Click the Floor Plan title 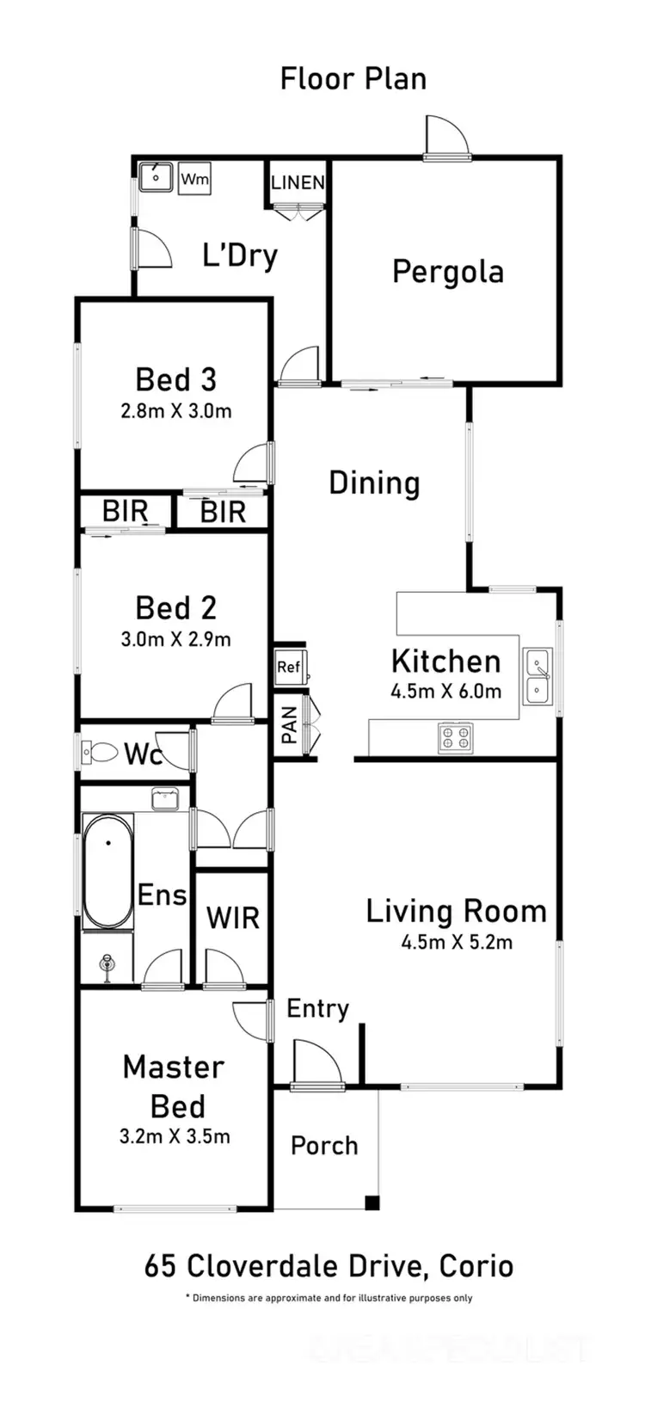point(353,79)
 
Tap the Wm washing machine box point(194,180)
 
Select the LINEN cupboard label point(298,182)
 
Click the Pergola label point(447,272)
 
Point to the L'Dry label point(240,255)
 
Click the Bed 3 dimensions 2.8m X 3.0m point(176,411)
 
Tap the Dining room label point(374,483)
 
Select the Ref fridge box point(288,667)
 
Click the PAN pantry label point(290,724)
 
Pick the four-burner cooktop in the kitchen point(455,737)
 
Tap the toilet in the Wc point(100,753)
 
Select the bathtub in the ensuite point(107,871)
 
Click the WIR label point(232,918)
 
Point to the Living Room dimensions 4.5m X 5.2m point(457,942)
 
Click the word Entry point(317,1009)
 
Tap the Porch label point(324,1146)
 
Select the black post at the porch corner point(372,1203)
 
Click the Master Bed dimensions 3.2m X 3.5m point(175,1136)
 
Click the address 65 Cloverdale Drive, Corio point(329,1266)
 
